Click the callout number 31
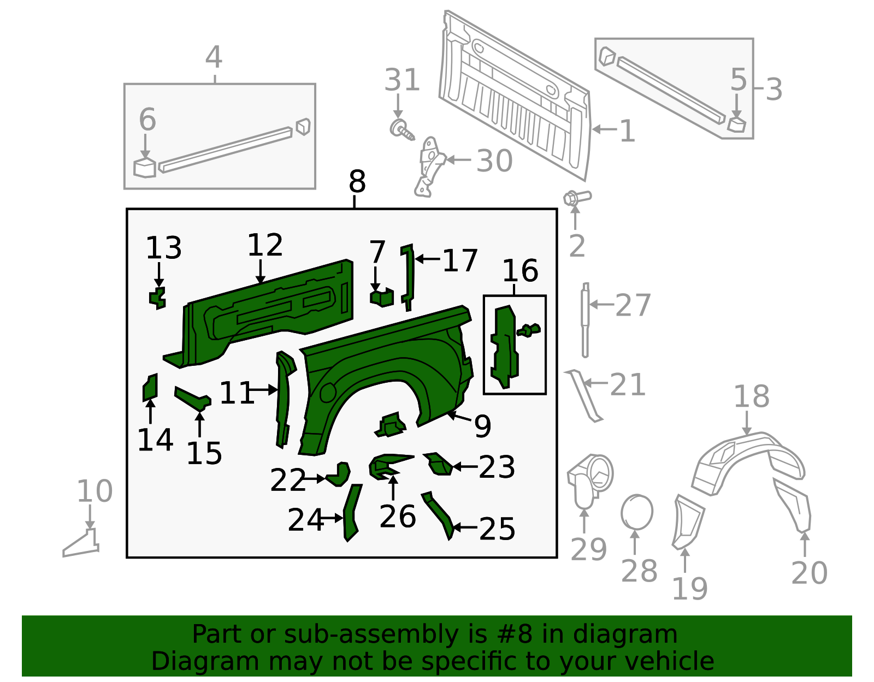(x=402, y=80)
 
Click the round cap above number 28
(x=637, y=512)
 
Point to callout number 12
(x=264, y=245)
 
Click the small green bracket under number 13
(x=157, y=298)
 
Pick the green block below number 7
(x=382, y=297)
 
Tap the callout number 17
(x=460, y=260)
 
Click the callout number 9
(x=482, y=426)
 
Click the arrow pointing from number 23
(x=465, y=467)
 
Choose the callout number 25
(x=497, y=529)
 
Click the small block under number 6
(x=144, y=168)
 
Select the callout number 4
(x=214, y=57)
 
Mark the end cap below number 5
(x=736, y=124)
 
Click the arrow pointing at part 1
(x=605, y=129)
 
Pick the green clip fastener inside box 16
(x=528, y=330)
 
